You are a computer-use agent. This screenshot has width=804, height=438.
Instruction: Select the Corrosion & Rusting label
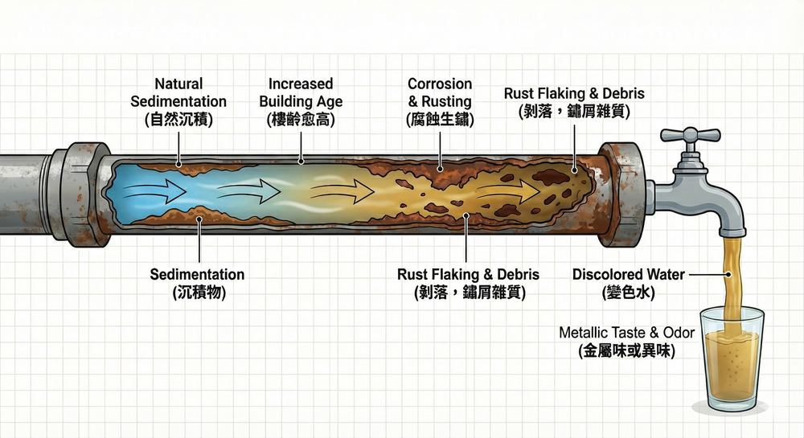coord(439,92)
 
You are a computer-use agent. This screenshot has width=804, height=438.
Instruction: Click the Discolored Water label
coord(629,275)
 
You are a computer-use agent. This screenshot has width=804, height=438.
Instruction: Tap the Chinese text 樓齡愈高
coord(301,121)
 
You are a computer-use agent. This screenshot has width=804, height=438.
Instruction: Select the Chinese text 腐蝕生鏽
coord(439,121)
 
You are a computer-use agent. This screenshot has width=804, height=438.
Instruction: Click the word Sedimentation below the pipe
coord(197,275)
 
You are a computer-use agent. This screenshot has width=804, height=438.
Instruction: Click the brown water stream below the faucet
coord(729,273)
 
